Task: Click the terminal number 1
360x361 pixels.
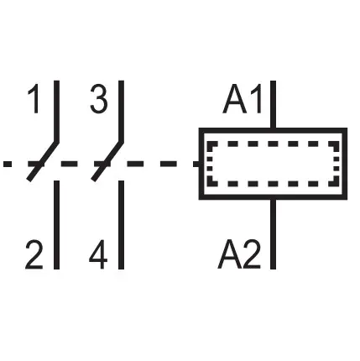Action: pyautogui.click(x=34, y=99)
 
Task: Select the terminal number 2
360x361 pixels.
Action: pyautogui.click(x=34, y=254)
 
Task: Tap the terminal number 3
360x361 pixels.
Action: pyautogui.click(x=99, y=99)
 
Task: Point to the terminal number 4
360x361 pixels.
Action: pyautogui.click(x=98, y=254)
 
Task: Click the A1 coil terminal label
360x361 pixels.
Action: pyautogui.click(x=243, y=99)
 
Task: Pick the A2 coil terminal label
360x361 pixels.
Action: pyautogui.click(x=239, y=254)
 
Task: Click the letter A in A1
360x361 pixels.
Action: pyautogui.click(x=234, y=99)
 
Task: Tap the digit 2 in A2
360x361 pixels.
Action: pyautogui.click(x=252, y=254)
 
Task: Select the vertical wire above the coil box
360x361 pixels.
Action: pyautogui.click(x=274, y=104)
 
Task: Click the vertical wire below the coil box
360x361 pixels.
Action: pyautogui.click(x=274, y=234)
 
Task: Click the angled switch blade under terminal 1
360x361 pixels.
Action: pyautogui.click(x=43, y=161)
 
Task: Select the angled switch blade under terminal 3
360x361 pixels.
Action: pyautogui.click(x=107, y=161)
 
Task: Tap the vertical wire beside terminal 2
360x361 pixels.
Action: pyautogui.click(x=56, y=225)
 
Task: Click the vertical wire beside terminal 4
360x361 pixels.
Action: pyautogui.click(x=121, y=225)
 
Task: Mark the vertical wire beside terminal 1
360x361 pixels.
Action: pyautogui.click(x=56, y=111)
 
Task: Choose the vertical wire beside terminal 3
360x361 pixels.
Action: pyautogui.click(x=121, y=111)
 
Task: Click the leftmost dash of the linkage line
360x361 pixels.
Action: pyautogui.click(x=8, y=164)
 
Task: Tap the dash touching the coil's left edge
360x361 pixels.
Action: pyautogui.click(x=196, y=164)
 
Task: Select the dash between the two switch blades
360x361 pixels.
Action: pyautogui.click(x=70, y=164)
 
